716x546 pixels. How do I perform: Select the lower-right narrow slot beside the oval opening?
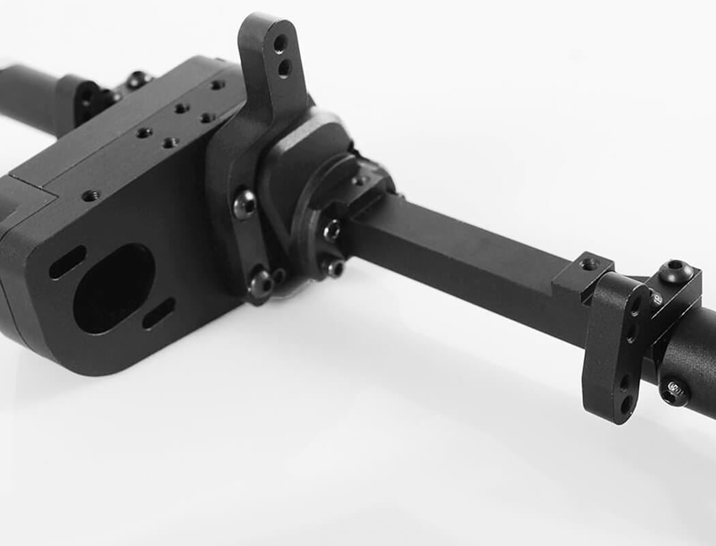(x=159, y=313)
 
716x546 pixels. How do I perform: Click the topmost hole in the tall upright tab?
(x=280, y=44)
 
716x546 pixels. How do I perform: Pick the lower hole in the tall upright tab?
(x=284, y=67)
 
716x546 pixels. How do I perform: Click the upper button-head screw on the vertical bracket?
(x=245, y=203)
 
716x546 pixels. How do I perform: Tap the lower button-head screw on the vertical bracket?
(x=260, y=283)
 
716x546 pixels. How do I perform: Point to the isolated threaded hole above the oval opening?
(x=91, y=196)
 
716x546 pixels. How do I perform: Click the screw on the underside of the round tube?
(x=675, y=391)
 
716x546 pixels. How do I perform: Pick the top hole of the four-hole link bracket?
(x=636, y=306)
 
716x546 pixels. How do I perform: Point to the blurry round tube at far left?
(x=27, y=96)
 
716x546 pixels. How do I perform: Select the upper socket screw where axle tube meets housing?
(x=332, y=230)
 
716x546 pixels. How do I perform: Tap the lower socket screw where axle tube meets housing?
(x=333, y=268)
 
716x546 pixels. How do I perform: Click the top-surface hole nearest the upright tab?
(x=218, y=85)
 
